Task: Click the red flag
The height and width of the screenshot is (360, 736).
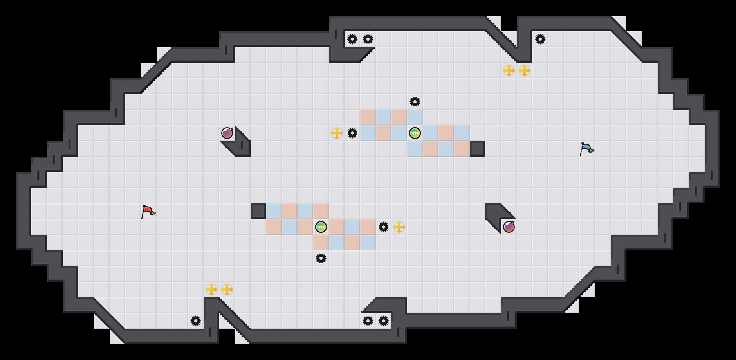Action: (148, 211)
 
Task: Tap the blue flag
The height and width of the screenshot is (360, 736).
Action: (586, 149)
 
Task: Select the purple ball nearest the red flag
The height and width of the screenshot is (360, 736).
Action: (227, 133)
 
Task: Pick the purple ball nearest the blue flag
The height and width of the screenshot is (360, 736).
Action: (509, 227)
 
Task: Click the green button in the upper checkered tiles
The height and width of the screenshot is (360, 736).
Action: (415, 133)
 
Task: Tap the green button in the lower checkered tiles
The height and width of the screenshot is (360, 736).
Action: (321, 227)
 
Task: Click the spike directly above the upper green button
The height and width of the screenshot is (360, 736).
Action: (415, 102)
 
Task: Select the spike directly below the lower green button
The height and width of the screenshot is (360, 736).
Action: (321, 258)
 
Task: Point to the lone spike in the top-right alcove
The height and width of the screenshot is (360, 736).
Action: (540, 39)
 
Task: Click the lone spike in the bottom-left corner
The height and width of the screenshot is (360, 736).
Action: (196, 321)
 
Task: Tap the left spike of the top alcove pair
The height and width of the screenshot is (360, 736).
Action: (352, 39)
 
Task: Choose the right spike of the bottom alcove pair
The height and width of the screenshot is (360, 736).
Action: (384, 321)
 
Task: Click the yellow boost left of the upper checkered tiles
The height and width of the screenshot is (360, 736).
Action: (337, 133)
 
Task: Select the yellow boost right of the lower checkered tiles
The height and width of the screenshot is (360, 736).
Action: (399, 227)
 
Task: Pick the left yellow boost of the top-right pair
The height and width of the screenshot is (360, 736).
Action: (509, 70)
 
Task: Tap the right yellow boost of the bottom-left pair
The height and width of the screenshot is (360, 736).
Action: (227, 290)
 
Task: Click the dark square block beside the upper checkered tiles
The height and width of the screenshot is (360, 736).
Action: (478, 149)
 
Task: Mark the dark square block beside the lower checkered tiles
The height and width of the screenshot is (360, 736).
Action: (258, 211)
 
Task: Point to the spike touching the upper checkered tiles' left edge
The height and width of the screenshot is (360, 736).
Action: (352, 133)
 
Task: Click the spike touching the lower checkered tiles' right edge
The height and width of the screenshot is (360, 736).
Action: (384, 227)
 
